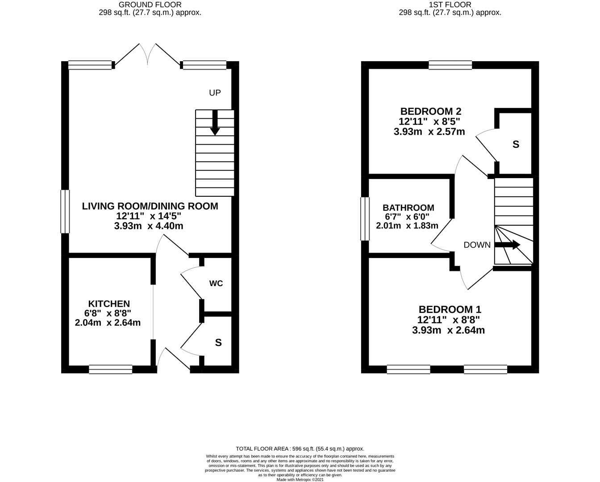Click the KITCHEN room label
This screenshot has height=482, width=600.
tap(109, 303)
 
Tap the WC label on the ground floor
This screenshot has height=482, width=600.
tap(216, 283)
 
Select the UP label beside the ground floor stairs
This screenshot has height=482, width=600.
tap(215, 92)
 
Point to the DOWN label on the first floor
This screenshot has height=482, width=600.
tap(477, 245)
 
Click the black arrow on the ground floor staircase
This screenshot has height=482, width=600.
tap(215, 123)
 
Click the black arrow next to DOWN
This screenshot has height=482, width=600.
tap(508, 245)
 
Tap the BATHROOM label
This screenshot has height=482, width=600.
tap(408, 208)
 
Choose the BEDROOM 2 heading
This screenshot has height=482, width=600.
tap(431, 112)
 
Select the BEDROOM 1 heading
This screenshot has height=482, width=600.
tap(450, 309)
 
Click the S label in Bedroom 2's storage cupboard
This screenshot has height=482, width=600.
tap(516, 145)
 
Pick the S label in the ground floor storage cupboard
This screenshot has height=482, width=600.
tap(218, 343)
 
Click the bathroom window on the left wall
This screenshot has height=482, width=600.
tap(365, 219)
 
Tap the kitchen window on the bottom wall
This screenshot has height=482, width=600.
tap(111, 370)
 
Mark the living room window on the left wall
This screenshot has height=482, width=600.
tap(65, 212)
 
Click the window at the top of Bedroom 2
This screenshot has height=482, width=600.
tap(450, 65)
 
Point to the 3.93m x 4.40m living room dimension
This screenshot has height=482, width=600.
tap(149, 226)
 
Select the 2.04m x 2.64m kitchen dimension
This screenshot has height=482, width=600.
tap(108, 323)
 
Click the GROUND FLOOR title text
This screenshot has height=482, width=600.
tap(150, 5)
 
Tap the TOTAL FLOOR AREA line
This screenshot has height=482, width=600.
tap(300, 449)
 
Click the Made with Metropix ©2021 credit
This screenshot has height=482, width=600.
tap(300, 480)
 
